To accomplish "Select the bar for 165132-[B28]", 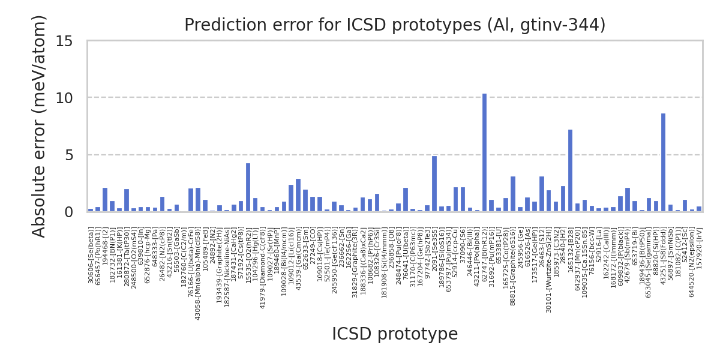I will pyautogui.click(x=570, y=170).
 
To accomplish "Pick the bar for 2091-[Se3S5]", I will pyautogui.click(x=434, y=184).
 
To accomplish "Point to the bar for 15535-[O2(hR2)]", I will pyautogui.click(x=248, y=187).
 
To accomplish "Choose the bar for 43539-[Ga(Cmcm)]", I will pyautogui.click(x=298, y=195).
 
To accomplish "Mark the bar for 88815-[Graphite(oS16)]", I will pyautogui.click(x=513, y=194).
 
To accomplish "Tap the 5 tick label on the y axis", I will pyautogui.click(x=68, y=155).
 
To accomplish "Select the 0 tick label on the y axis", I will pyautogui.click(x=68, y=212).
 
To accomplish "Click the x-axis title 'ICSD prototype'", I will pyautogui.click(x=394, y=334).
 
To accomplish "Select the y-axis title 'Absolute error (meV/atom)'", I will pyautogui.click(x=39, y=126).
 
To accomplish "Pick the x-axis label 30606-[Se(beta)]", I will pyautogui.click(x=91, y=254).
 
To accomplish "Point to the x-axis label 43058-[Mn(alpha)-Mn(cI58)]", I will pyautogui.click(x=198, y=273).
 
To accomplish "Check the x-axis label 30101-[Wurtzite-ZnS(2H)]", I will pyautogui.click(x=548, y=270).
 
